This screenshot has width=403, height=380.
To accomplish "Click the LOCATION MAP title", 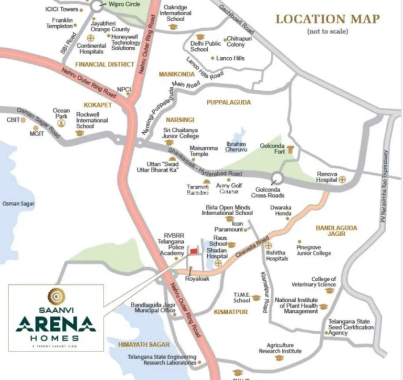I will pos(328,19).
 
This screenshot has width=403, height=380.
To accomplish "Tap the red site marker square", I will pos(193,252).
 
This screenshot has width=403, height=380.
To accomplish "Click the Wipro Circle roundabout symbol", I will pos(97,5).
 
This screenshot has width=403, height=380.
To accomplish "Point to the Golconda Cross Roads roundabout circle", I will pos(277,178).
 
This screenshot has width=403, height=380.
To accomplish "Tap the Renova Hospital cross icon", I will pos(342,179).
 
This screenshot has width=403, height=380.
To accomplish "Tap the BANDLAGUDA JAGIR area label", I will pos(336,231).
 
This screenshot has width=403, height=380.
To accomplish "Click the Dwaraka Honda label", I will pos(280,210).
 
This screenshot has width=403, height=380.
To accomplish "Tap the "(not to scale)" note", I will pos(327,31).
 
